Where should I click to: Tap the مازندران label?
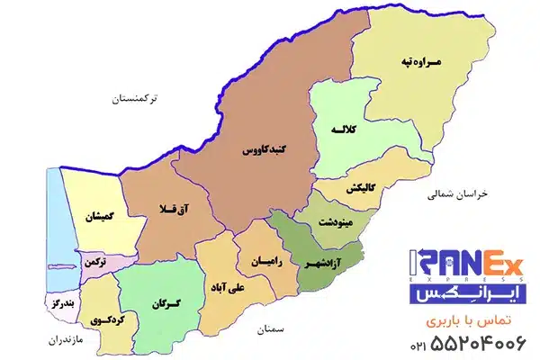point(46,341)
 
